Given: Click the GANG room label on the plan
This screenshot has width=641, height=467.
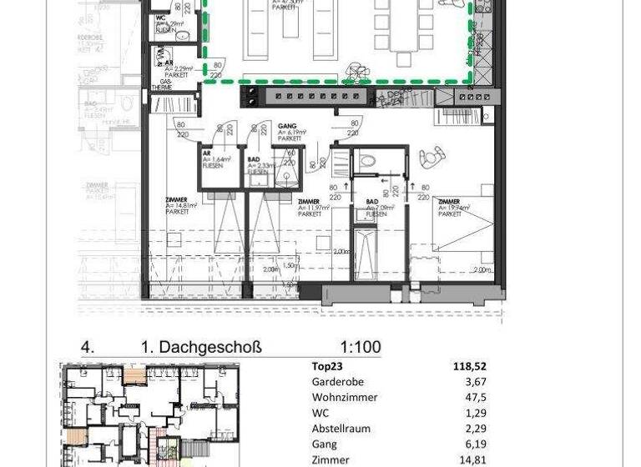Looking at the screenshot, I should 286,126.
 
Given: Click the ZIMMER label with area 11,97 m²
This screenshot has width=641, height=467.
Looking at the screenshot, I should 308,202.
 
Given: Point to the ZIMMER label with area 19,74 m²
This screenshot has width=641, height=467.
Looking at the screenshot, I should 448,202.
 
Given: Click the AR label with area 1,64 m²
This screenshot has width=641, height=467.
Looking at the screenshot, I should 207,153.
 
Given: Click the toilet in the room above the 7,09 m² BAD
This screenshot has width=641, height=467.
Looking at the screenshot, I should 364,163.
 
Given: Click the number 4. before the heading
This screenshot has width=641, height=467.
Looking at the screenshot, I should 86,347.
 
